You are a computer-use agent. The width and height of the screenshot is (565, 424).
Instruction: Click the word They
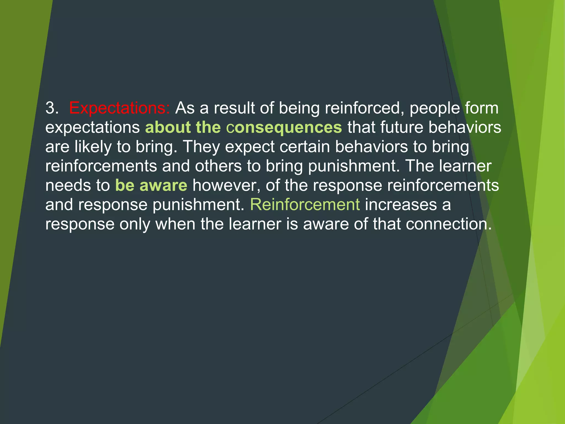201,147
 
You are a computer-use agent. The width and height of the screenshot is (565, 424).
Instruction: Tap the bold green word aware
163,185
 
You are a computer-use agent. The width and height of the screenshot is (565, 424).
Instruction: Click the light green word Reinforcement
305,205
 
